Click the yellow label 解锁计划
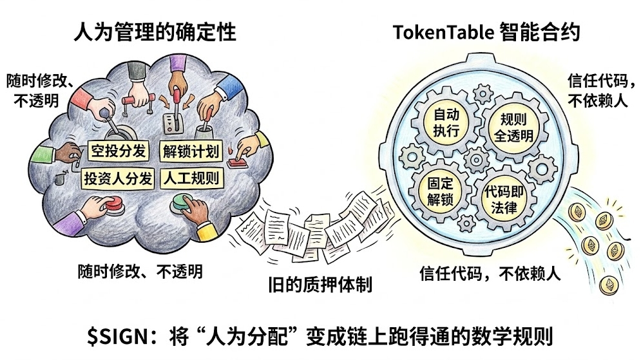tap(189, 152)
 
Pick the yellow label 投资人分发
tap(118, 178)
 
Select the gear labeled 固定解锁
tap(441, 191)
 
